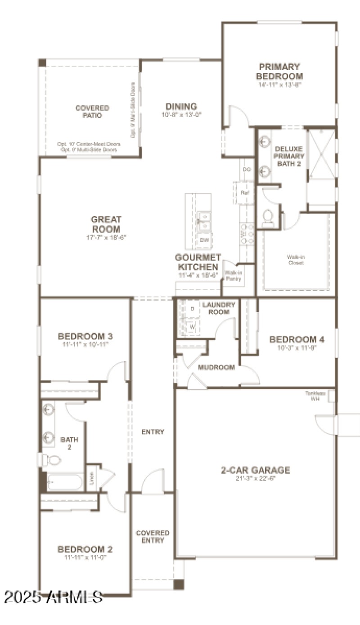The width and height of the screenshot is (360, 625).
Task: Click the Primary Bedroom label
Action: pyautogui.click(x=279, y=71)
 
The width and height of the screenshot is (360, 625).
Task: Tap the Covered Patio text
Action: pyautogui.click(x=92, y=112)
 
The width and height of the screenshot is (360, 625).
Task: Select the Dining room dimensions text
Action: pyautogui.click(x=181, y=115)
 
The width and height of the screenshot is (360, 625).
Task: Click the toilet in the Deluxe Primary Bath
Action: pyautogui.click(x=268, y=217)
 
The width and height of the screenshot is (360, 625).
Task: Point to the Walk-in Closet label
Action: pyautogui.click(x=295, y=260)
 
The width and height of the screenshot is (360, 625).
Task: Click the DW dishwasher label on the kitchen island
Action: pyautogui.click(x=204, y=240)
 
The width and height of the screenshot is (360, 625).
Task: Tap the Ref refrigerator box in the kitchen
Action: pyautogui.click(x=245, y=192)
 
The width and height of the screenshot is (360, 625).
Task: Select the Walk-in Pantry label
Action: pyautogui.click(x=233, y=276)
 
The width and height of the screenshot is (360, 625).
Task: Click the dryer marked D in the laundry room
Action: pyautogui.click(x=192, y=309)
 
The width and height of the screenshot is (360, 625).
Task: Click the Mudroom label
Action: pyautogui.click(x=216, y=368)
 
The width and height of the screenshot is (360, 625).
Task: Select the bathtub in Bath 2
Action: pyautogui.click(x=65, y=482)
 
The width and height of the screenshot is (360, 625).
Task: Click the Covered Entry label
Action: pyautogui.click(x=153, y=536)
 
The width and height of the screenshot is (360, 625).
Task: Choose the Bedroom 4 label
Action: pyautogui.click(x=296, y=339)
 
